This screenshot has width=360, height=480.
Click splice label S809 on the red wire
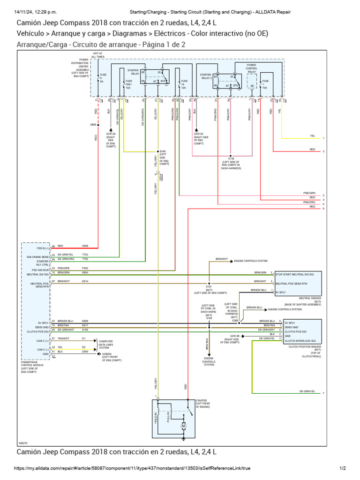click(x=92, y=125)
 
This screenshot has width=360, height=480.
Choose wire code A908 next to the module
click(x=85, y=246)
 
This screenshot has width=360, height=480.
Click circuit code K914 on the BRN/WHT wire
click(x=85, y=281)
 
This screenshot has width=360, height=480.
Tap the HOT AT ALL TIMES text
click(x=97, y=55)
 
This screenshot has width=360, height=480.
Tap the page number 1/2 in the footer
click(x=342, y=468)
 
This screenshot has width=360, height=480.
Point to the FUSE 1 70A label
click(x=266, y=84)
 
